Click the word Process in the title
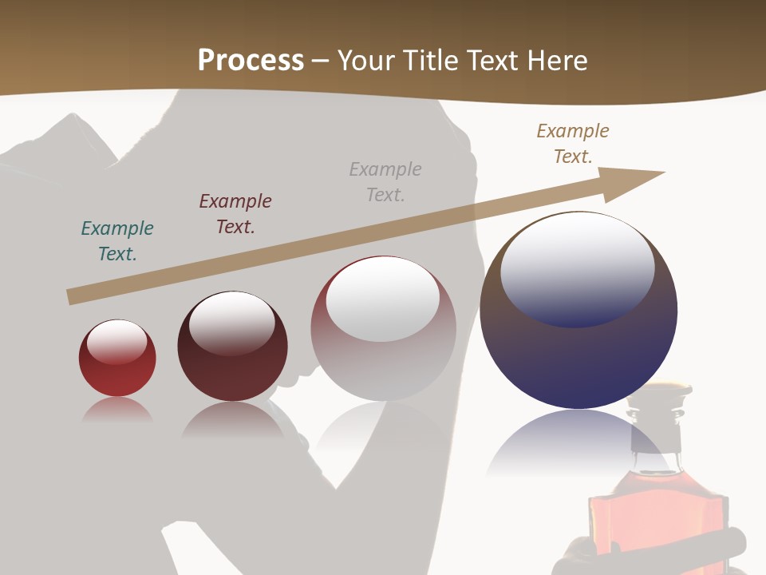click(251, 61)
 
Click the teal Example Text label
click(117, 241)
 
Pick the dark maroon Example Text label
click(235, 214)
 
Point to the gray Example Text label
click(385, 181)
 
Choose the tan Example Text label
click(573, 143)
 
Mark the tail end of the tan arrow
click(70, 297)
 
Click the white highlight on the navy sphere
click(577, 268)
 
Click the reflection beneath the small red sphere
click(117, 410)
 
